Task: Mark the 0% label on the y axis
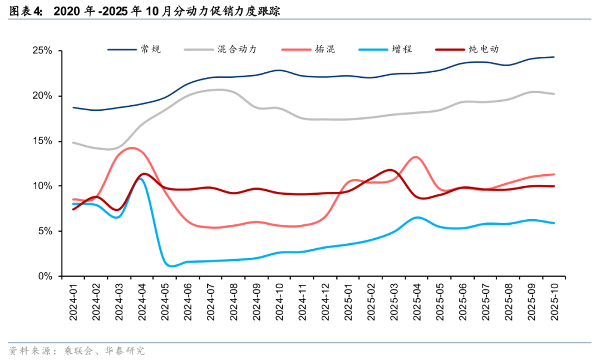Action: [x=46, y=276]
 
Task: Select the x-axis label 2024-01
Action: [x=73, y=301]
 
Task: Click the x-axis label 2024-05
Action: [x=165, y=301]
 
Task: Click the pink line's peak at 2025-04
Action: [x=417, y=157]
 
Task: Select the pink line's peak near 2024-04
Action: [x=132, y=147]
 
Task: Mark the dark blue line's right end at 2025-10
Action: [x=554, y=57]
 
